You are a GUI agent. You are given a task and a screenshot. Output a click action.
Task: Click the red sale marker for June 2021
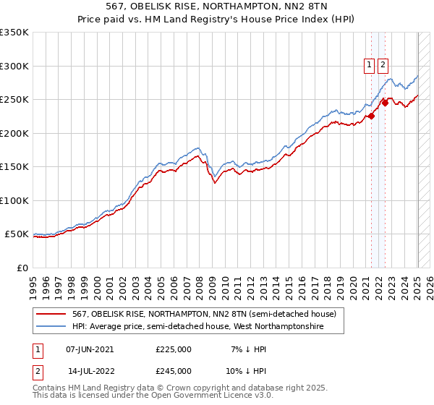371,116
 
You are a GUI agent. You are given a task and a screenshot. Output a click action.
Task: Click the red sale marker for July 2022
385,103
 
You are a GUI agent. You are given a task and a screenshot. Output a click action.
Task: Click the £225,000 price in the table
174,349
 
